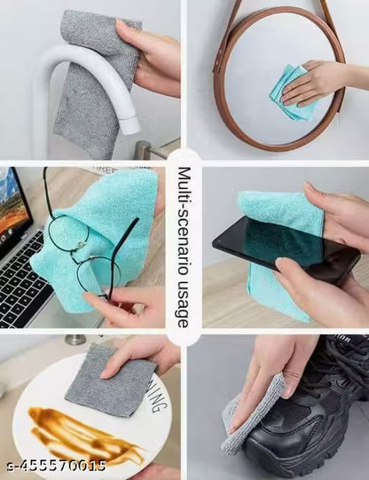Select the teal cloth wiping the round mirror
click(293, 94)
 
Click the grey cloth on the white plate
click(115, 382)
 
